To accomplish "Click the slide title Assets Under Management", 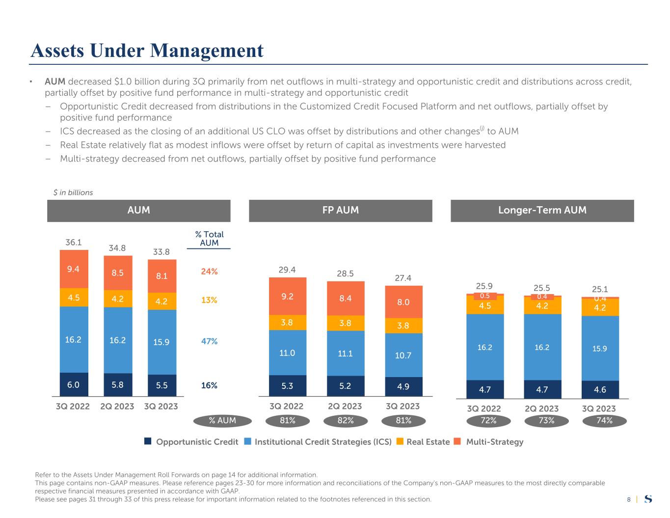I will click(147, 50).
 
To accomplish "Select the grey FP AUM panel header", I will click(340, 210).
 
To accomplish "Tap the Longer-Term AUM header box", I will click(542, 210).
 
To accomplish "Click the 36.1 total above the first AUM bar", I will click(74, 242).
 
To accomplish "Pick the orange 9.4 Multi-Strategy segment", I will click(74, 269).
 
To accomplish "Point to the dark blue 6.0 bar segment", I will click(74, 385).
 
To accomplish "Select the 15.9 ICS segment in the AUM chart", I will click(162, 342).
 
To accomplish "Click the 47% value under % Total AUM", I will click(209, 341).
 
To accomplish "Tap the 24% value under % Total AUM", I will click(209, 271).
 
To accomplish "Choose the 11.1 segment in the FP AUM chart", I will click(346, 353).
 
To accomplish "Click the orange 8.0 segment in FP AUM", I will click(403, 302).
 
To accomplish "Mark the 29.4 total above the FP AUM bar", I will click(288, 269).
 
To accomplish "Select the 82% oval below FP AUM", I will click(346, 420).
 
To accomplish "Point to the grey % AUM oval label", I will click(222, 420).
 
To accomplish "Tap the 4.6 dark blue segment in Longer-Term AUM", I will click(600, 390).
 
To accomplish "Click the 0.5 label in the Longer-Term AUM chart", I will click(485, 296).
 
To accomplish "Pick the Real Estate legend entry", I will click(423, 442).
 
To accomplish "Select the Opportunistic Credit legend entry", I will click(191, 442).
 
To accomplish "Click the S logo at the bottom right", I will click(648, 499).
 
